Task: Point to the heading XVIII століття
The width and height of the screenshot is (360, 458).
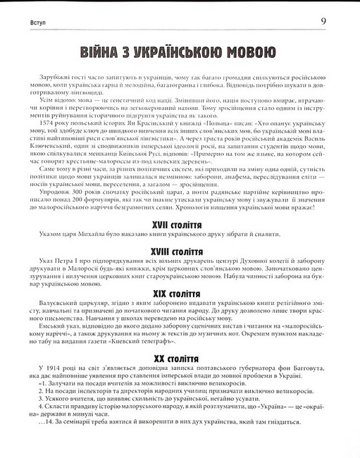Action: click(180, 251)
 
